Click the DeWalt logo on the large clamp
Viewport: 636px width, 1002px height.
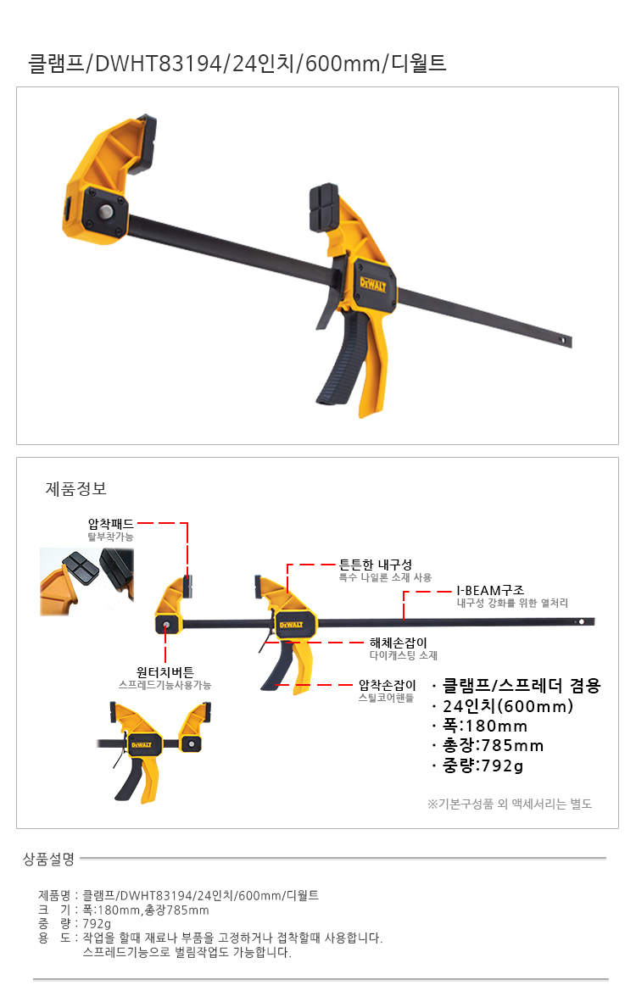(x=372, y=283)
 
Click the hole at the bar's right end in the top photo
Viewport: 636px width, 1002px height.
(x=562, y=339)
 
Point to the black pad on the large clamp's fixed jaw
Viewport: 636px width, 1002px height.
(x=326, y=209)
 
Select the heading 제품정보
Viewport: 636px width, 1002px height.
(x=76, y=489)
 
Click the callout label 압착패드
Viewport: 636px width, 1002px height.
(x=110, y=524)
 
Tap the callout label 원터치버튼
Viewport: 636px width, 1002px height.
(x=165, y=672)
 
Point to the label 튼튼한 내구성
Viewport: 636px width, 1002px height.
(x=375, y=565)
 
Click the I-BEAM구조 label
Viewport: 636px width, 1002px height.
(x=490, y=591)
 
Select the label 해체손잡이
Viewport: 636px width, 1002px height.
(x=399, y=643)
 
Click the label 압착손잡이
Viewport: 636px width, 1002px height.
(x=388, y=685)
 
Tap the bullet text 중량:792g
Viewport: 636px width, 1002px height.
(x=483, y=765)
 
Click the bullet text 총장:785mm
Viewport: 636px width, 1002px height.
(x=494, y=745)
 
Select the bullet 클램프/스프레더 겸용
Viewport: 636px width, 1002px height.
(x=522, y=686)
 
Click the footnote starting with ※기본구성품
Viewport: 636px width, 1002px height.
(x=510, y=804)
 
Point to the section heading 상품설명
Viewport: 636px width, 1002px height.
(x=49, y=859)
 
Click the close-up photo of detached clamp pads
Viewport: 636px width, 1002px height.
(x=87, y=581)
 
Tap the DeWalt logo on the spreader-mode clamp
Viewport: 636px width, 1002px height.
(x=142, y=745)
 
